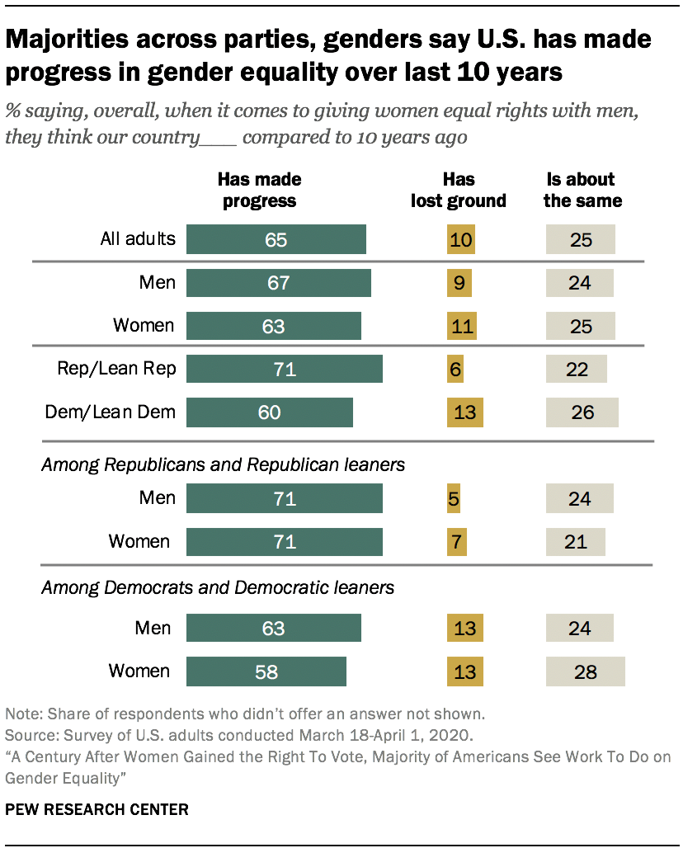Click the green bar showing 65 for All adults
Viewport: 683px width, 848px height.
(x=276, y=240)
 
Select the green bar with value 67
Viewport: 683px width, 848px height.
(x=278, y=283)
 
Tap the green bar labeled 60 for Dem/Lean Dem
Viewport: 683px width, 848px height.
(x=269, y=412)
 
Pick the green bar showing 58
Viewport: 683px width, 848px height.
(x=266, y=671)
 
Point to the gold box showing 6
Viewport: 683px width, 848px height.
(x=455, y=369)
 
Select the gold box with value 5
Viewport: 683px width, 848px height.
(x=455, y=499)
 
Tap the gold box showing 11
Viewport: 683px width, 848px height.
(x=464, y=326)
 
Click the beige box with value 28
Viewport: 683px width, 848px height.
(x=585, y=671)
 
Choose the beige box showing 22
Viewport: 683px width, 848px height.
(x=576, y=369)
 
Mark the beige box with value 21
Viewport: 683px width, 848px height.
(x=575, y=542)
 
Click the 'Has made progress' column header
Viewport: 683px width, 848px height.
(x=259, y=190)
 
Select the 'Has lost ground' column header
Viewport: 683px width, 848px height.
(x=459, y=190)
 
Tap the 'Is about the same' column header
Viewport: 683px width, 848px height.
(x=582, y=190)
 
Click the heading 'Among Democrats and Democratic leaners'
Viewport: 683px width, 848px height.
(x=218, y=588)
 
